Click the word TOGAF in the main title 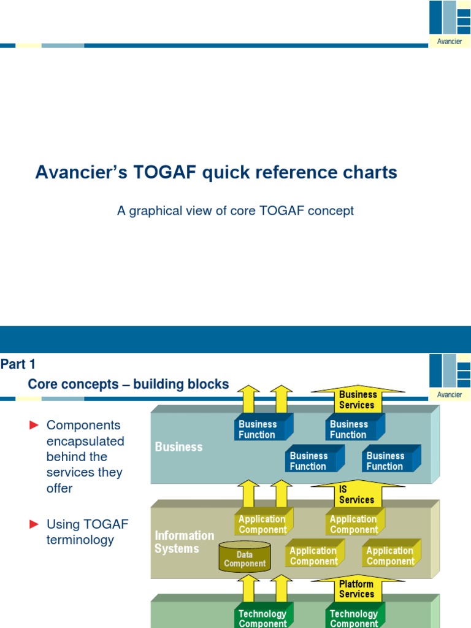(164, 172)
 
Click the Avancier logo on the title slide (450, 24)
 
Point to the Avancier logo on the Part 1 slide (450, 377)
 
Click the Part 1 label (18, 364)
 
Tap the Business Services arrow (358, 399)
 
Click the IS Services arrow (358, 494)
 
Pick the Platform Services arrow (358, 589)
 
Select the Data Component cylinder (245, 556)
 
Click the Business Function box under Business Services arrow (355, 427)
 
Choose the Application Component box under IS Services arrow (355, 522)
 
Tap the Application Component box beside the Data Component (315, 553)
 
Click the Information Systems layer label (184, 542)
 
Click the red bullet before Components (34, 425)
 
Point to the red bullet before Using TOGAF (34, 524)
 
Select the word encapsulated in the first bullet (85, 442)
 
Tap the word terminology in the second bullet (80, 540)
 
